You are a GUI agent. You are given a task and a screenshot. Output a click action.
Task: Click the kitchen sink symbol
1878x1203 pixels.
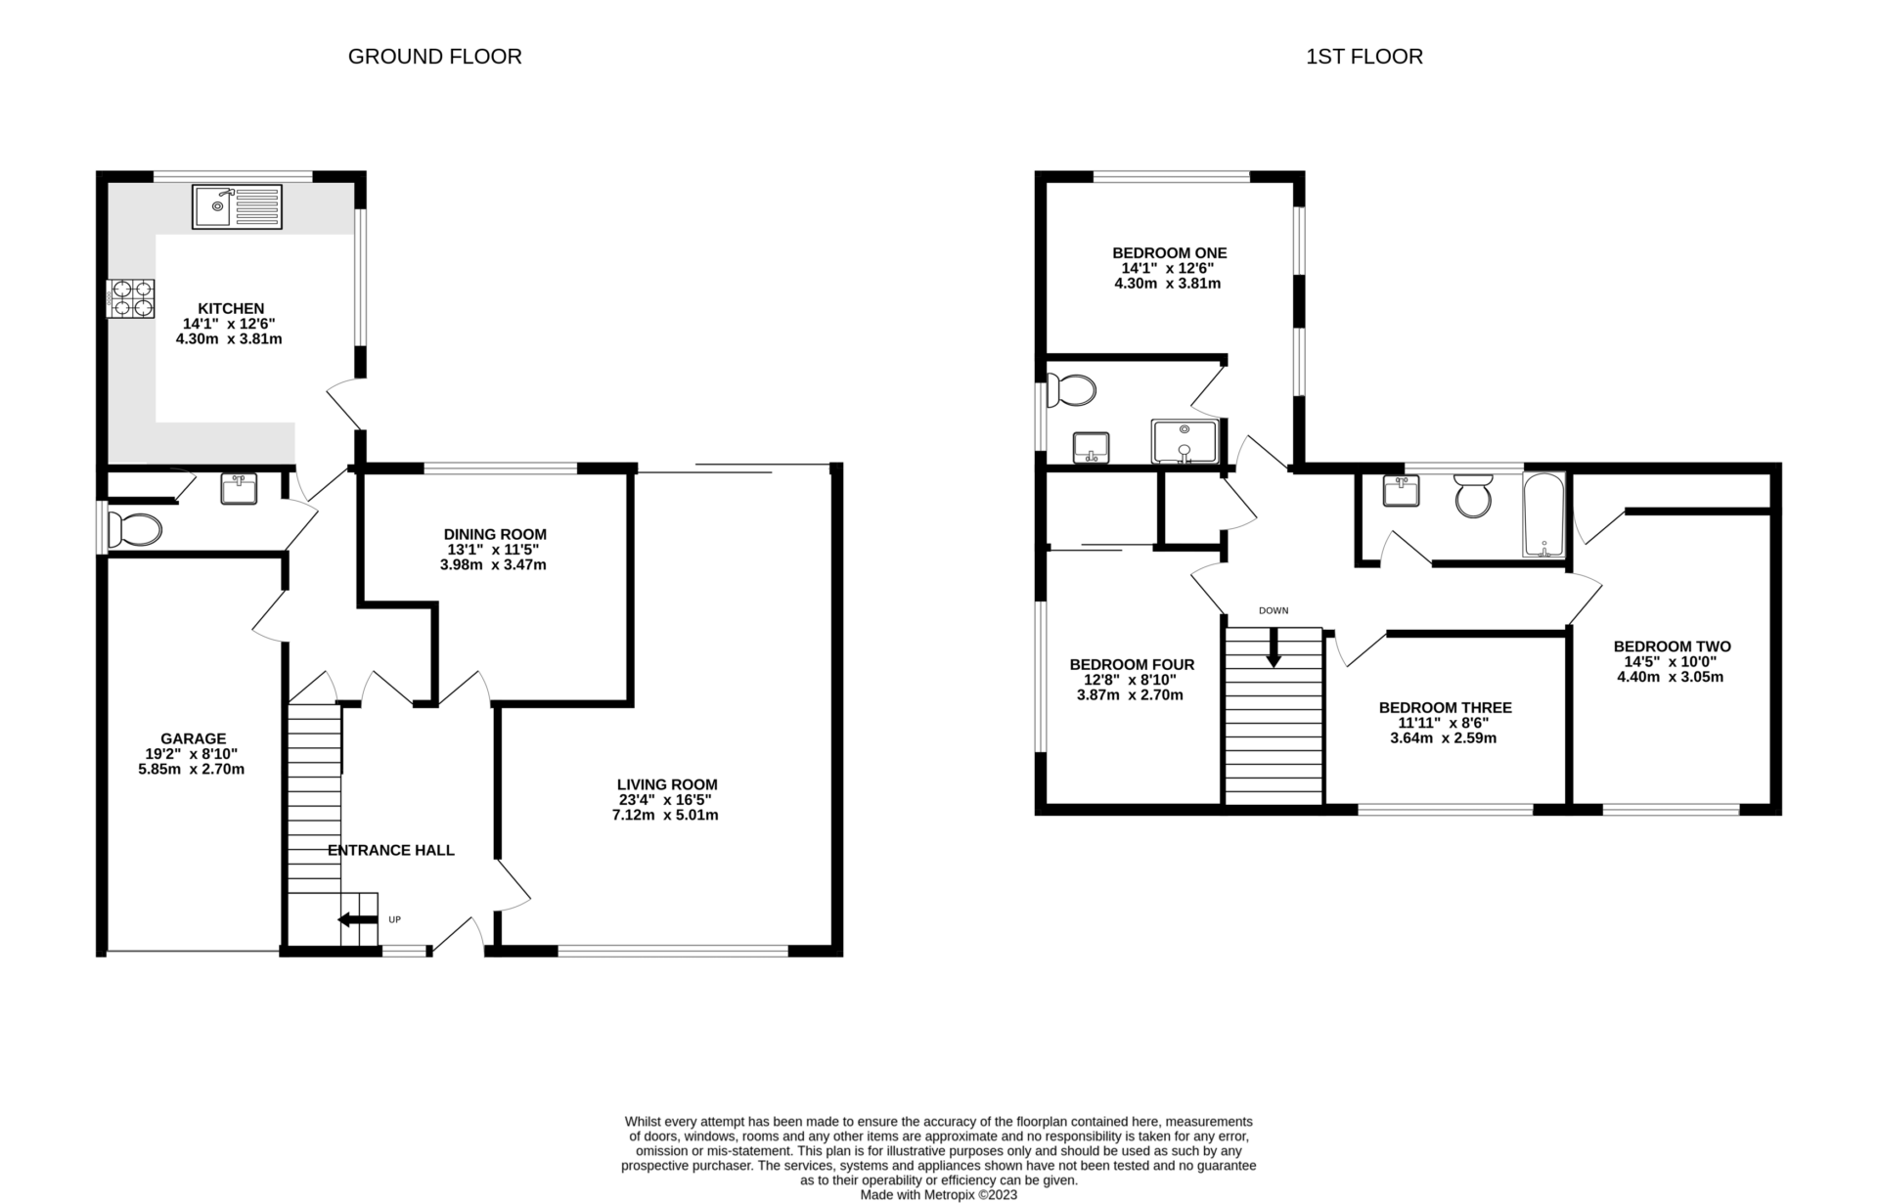coord(237,206)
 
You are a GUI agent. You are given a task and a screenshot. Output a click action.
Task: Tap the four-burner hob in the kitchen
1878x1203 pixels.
coord(131,298)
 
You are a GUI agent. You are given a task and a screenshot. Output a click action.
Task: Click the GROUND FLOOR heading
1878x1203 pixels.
coord(434,57)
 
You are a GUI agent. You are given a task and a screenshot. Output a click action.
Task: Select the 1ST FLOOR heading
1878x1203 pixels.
coord(1364,57)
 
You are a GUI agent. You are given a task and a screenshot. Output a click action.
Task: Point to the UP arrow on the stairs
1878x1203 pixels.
coord(358,919)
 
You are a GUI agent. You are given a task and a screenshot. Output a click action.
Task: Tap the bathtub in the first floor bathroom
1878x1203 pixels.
coord(1544,514)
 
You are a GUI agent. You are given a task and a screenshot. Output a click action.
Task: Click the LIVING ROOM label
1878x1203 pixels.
coord(667,784)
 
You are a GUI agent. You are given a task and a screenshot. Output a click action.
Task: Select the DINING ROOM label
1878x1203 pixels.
coord(495,534)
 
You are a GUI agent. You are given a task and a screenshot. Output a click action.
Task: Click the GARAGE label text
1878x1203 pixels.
coord(193,738)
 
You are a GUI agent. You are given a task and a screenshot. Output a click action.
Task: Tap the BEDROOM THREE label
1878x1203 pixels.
coord(1445,707)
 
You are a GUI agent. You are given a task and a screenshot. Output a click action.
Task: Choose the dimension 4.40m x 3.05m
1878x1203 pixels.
coord(1671,677)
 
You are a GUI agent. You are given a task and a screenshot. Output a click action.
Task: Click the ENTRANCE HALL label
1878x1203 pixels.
coord(390,850)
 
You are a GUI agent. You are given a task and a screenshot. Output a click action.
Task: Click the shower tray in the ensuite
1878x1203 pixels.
coord(1184,441)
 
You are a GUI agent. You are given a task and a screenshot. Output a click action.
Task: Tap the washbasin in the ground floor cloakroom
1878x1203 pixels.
coord(239,488)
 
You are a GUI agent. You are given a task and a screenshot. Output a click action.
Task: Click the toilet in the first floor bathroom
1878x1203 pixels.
coord(1473,496)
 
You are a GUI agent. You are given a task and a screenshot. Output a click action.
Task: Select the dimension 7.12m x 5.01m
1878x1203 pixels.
coord(665,815)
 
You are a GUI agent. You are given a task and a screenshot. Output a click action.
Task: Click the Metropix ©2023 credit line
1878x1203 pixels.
coord(938,1195)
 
